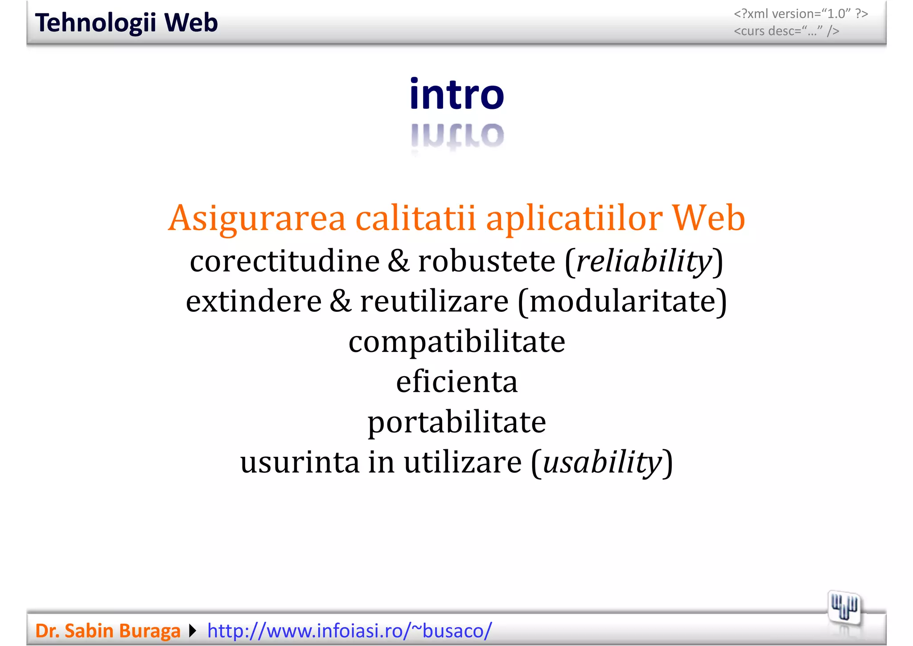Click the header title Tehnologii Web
pyautogui.click(x=126, y=23)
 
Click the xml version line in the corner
pyautogui.click(x=801, y=14)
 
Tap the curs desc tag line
pyautogui.click(x=786, y=31)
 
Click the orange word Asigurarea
pyautogui.click(x=257, y=218)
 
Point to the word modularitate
pyautogui.click(x=622, y=301)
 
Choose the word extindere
pyautogui.click(x=254, y=301)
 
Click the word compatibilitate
pyautogui.click(x=456, y=342)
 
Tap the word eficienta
pyautogui.click(x=456, y=382)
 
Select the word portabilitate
pyautogui.click(x=456, y=422)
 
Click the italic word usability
pyautogui.click(x=602, y=462)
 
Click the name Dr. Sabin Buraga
pyautogui.click(x=107, y=631)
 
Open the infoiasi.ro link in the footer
pyautogui.click(x=350, y=631)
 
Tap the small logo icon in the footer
pyautogui.click(x=844, y=607)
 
